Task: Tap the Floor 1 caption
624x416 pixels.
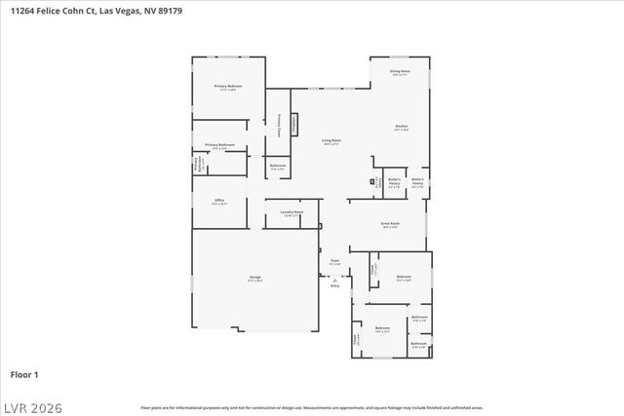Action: pos(24,374)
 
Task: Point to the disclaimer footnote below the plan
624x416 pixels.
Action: pos(311,407)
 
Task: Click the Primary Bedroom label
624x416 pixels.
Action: pos(228,87)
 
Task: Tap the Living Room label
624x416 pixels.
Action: pos(331,141)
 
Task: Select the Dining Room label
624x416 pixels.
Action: pos(400,71)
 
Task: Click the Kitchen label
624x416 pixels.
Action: pos(401,127)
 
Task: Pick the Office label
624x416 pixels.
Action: pos(220,201)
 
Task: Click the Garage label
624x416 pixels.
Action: pos(254,279)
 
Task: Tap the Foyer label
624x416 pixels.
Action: pos(334,260)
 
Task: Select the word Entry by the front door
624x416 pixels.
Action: pos(334,286)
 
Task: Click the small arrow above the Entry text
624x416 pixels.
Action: pos(334,279)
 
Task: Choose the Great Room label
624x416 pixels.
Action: pos(390,224)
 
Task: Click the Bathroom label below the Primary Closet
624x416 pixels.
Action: pos(278,166)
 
